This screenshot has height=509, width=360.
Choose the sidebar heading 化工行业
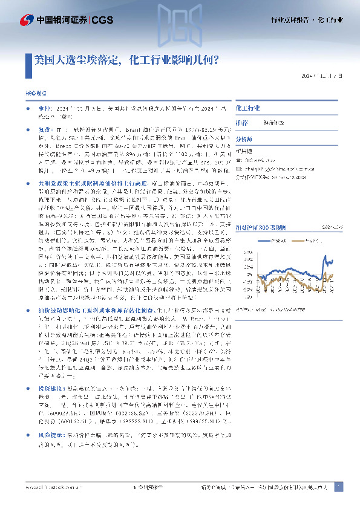tap(247, 107)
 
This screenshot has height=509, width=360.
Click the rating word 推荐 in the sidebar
tap(241, 122)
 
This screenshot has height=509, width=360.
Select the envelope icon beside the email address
tap(237, 169)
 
